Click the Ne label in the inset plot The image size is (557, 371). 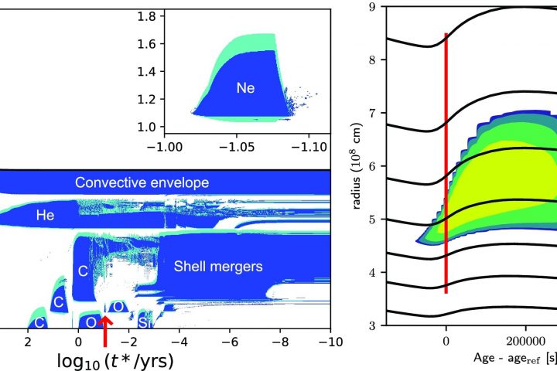(x=246, y=88)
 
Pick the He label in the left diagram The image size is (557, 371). (x=46, y=217)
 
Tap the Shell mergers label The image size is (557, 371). (x=218, y=267)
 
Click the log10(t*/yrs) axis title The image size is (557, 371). (x=115, y=361)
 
